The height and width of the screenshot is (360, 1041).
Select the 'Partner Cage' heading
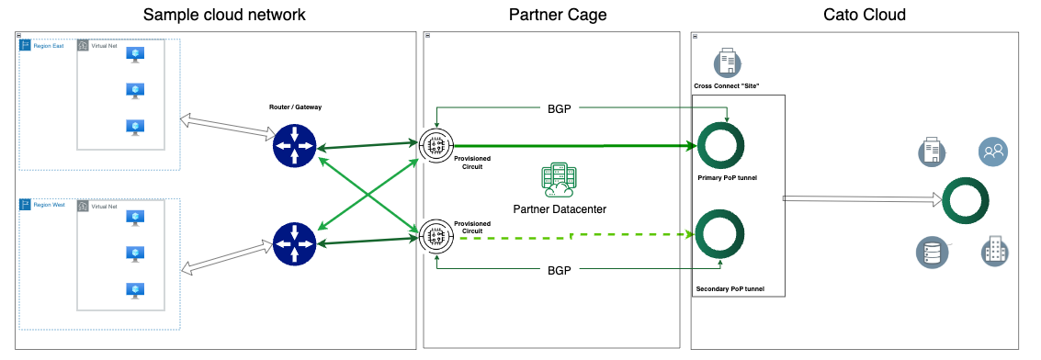point(558,15)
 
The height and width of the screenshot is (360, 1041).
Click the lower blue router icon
point(294,242)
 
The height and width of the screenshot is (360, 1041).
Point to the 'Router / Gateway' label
point(294,107)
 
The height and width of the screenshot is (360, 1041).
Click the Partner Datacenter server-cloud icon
point(558,181)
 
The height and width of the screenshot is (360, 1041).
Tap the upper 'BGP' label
point(559,107)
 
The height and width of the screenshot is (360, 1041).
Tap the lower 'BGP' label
point(559,271)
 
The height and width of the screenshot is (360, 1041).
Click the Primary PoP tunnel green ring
point(720,145)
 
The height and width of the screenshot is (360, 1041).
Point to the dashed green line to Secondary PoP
point(570,236)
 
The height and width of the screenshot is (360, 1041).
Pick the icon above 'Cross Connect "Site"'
point(727,63)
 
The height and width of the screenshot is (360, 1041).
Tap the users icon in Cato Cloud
point(992,151)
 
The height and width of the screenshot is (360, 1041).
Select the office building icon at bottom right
point(992,250)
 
